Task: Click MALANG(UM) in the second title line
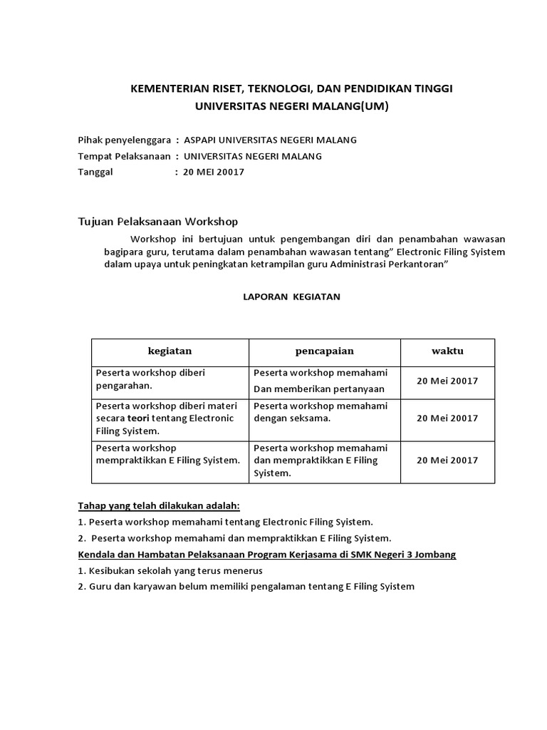pyautogui.click(x=347, y=106)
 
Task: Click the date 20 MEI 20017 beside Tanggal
pyautogui.click(x=214, y=173)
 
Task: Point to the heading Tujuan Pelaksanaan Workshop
pyautogui.click(x=157, y=222)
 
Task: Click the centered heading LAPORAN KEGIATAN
pyautogui.click(x=287, y=297)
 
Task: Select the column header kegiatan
pyautogui.click(x=170, y=351)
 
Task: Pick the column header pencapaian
pyautogui.click(x=324, y=351)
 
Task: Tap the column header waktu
pyautogui.click(x=447, y=351)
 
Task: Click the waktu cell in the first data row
pyautogui.click(x=447, y=381)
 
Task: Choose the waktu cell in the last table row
pyautogui.click(x=447, y=460)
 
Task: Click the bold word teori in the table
pyautogui.click(x=139, y=418)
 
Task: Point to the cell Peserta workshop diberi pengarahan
pyautogui.click(x=150, y=379)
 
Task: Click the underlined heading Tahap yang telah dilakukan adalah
pyautogui.click(x=159, y=506)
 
